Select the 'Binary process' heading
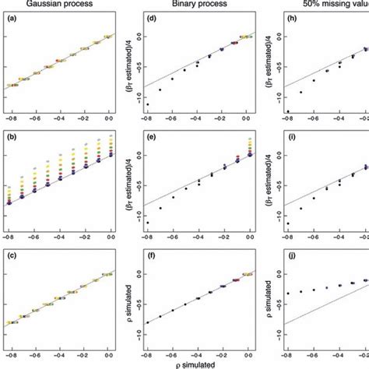point(200,5)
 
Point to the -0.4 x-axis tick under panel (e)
point(198,234)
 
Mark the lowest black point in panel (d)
point(147,104)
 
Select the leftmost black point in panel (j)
point(287,293)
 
